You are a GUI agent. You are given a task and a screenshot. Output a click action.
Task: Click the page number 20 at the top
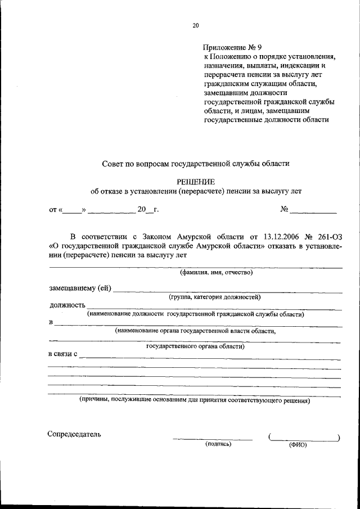tap(195, 25)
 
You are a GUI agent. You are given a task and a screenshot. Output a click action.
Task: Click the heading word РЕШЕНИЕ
tap(196, 180)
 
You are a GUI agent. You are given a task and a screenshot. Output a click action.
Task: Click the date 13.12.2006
tap(283, 236)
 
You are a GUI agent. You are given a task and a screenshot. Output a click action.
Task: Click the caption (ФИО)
tap(298, 444)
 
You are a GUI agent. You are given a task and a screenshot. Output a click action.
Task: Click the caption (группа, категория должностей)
tap(214, 296)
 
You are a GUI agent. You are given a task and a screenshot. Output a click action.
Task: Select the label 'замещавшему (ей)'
tap(80, 289)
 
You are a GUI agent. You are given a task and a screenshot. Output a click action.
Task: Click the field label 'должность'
tap(65, 305)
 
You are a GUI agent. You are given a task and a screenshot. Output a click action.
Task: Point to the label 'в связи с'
tap(64, 355)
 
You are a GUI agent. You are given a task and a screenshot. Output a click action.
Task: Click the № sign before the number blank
tap(284, 210)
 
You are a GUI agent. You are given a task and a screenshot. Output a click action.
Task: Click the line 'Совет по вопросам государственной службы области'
tap(196, 164)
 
